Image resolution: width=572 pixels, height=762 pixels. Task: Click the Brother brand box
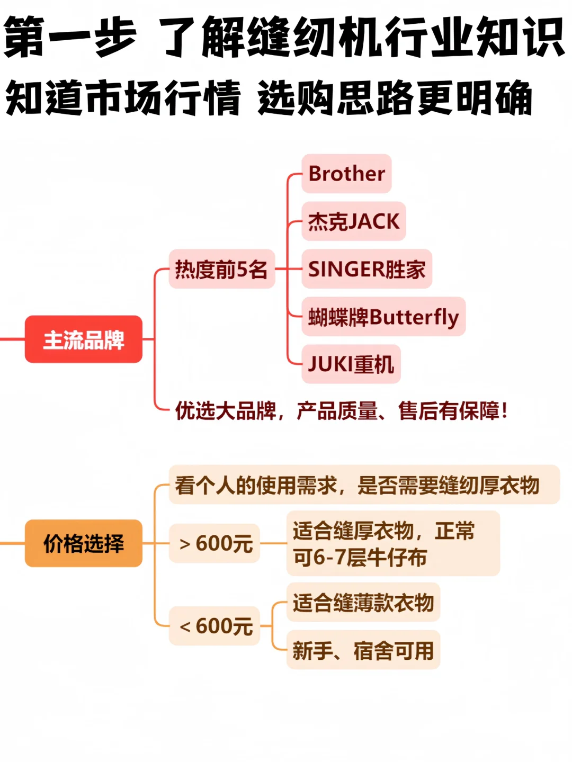click(x=346, y=174)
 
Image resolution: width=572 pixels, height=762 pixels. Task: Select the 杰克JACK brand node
click(x=353, y=221)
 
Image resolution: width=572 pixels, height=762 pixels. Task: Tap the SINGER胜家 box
click(x=367, y=269)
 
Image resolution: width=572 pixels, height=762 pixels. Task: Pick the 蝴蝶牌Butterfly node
click(x=383, y=317)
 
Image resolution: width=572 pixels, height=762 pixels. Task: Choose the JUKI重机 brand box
click(x=351, y=364)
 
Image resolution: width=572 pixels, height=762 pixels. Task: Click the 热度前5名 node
click(x=221, y=269)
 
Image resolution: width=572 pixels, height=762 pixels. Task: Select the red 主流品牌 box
click(x=84, y=339)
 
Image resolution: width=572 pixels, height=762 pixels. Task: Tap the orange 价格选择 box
click(x=84, y=543)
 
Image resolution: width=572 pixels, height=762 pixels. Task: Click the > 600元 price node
click(x=215, y=543)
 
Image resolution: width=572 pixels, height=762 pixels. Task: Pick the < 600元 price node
click(x=215, y=626)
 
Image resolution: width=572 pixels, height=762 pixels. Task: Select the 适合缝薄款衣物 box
click(x=363, y=603)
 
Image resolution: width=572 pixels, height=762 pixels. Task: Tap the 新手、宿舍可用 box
click(x=363, y=650)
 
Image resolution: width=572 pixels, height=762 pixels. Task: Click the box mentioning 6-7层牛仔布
click(x=393, y=543)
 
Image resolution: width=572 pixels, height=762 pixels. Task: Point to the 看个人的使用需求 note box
click(x=364, y=485)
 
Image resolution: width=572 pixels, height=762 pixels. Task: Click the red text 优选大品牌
click(x=226, y=411)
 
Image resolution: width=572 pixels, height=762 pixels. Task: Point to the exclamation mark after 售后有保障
click(x=504, y=410)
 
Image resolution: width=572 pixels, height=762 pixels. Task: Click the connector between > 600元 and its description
click(x=273, y=543)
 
